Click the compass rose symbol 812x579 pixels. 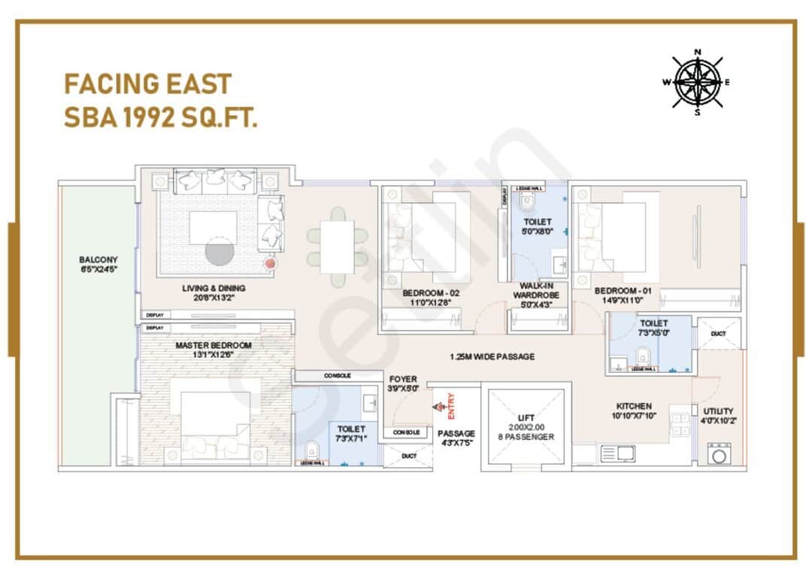click(697, 82)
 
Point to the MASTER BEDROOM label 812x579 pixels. click(214, 345)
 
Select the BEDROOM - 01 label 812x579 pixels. click(623, 291)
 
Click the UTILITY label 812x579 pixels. click(718, 411)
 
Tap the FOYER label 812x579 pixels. click(403, 379)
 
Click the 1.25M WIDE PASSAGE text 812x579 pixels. click(492, 356)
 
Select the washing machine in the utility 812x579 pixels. click(719, 453)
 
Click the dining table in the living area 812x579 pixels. click(337, 247)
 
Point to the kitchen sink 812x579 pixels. click(617, 453)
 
